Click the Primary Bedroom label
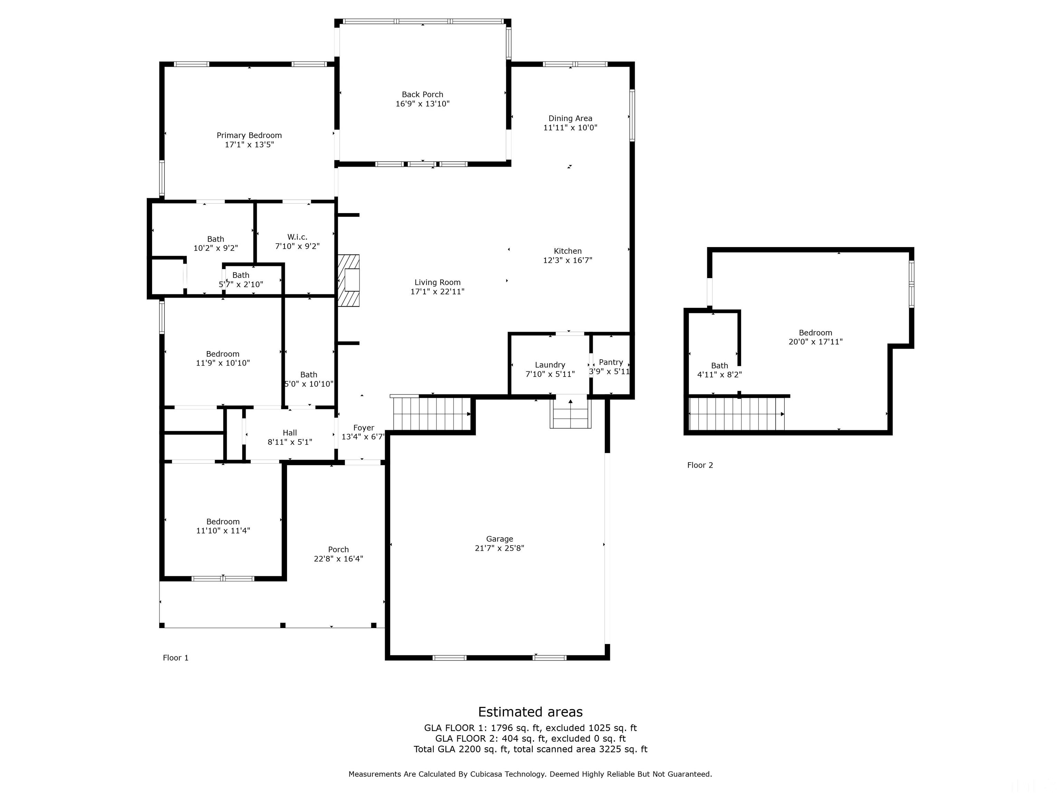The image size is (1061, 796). pyautogui.click(x=249, y=135)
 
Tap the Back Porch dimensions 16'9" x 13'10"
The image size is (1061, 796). pyautogui.click(x=422, y=104)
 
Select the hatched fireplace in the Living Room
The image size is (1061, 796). pyautogui.click(x=349, y=280)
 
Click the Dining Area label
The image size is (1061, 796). pyautogui.click(x=570, y=119)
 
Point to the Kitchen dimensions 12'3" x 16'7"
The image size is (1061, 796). pyautogui.click(x=567, y=260)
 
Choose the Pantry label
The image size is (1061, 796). pyautogui.click(x=611, y=362)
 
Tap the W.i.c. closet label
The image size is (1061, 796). pyautogui.click(x=297, y=237)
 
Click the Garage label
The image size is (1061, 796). pyautogui.click(x=499, y=539)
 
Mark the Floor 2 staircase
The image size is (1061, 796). pyautogui.click(x=736, y=414)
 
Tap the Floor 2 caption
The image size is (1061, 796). pyautogui.click(x=700, y=465)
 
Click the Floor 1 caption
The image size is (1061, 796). pyautogui.click(x=175, y=658)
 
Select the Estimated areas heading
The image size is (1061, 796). pyautogui.click(x=530, y=712)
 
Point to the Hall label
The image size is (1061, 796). pyautogui.click(x=290, y=433)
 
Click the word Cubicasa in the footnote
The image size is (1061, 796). pyautogui.click(x=486, y=774)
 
